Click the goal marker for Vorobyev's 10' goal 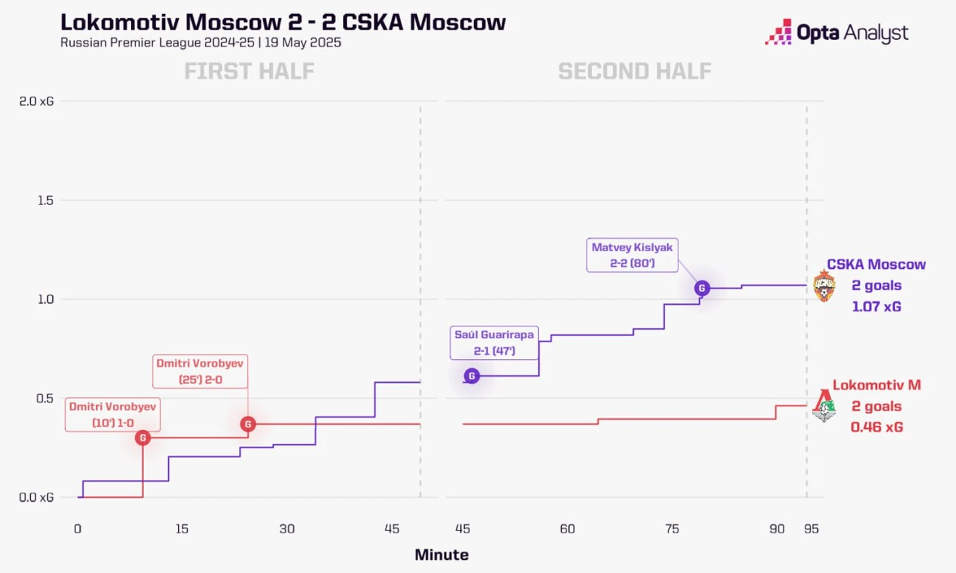point(143,438)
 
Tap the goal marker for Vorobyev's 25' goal point(248,424)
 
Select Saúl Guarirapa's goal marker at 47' point(471,376)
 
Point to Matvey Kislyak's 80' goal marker point(702,288)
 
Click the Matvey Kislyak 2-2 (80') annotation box point(632,255)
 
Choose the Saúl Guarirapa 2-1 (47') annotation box point(494,343)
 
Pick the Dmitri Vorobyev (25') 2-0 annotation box point(200,372)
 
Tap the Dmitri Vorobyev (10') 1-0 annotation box point(113,415)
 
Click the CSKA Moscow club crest point(824,286)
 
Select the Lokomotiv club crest point(824,406)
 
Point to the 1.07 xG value point(876,306)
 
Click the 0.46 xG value point(876,427)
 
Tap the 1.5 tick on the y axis point(45,200)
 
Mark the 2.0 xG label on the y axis point(37,101)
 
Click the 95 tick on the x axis point(811,529)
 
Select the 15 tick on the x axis point(182,529)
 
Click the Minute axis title point(441,555)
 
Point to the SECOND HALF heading point(634,71)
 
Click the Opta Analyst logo point(837,32)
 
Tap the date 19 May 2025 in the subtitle point(303,43)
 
